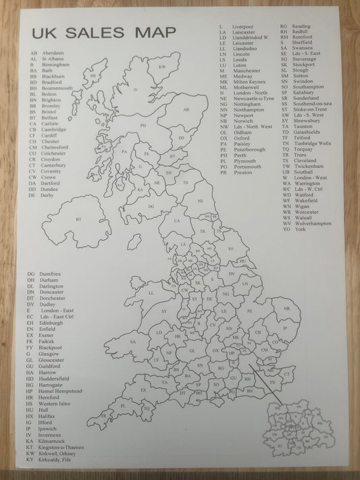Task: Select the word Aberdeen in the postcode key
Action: pos(53,53)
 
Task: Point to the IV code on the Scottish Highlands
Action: pos(136,90)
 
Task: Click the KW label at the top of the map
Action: pos(161,67)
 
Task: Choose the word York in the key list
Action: pos(301,230)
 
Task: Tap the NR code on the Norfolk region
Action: pos(287,309)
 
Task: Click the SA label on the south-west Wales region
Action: pos(133,342)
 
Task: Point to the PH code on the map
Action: pos(143,126)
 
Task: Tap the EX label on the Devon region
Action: pos(144,390)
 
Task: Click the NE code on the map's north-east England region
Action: pos(200,201)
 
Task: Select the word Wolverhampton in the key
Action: pos(313,223)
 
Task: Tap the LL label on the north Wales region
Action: pos(151,293)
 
